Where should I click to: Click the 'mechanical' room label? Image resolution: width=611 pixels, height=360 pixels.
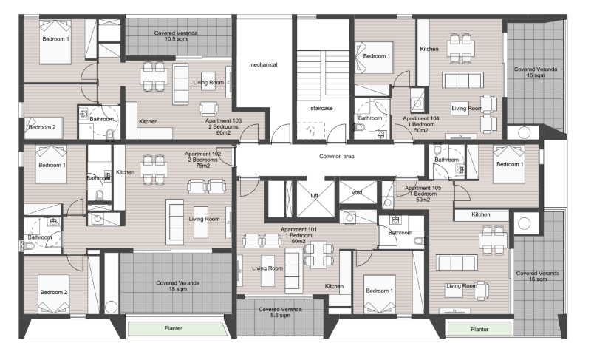tap(263, 65)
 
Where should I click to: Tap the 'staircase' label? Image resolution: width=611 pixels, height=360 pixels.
tap(321, 109)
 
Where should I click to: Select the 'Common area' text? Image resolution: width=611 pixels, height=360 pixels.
tap(337, 157)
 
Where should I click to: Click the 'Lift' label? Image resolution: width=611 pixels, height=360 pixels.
tap(315, 196)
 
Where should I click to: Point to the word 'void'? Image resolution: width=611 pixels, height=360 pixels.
tap(357, 192)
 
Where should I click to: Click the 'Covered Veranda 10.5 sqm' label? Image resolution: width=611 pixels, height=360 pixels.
tap(176, 36)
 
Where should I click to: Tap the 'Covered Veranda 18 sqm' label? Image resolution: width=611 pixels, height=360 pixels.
tap(178, 286)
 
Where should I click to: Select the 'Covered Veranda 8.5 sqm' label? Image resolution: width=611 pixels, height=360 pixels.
tap(280, 313)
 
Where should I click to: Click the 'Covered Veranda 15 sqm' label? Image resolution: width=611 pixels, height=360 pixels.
tap(536, 72)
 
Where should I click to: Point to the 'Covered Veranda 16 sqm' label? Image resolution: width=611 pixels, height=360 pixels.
tap(538, 276)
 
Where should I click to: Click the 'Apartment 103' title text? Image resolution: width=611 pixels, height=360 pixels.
tap(223, 121)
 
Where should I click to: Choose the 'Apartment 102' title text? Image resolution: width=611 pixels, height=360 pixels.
tap(202, 154)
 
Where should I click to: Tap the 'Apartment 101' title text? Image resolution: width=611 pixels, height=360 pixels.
tap(298, 230)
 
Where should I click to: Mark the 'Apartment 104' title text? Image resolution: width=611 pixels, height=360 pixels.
tap(421, 118)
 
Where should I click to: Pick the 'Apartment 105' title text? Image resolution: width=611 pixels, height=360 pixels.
tap(423, 188)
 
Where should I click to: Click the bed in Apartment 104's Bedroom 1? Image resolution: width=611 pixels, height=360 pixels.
tap(374, 58)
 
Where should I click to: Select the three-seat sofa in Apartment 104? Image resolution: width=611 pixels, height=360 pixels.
tap(462, 80)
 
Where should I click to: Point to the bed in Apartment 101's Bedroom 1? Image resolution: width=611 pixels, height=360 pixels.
tap(379, 294)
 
